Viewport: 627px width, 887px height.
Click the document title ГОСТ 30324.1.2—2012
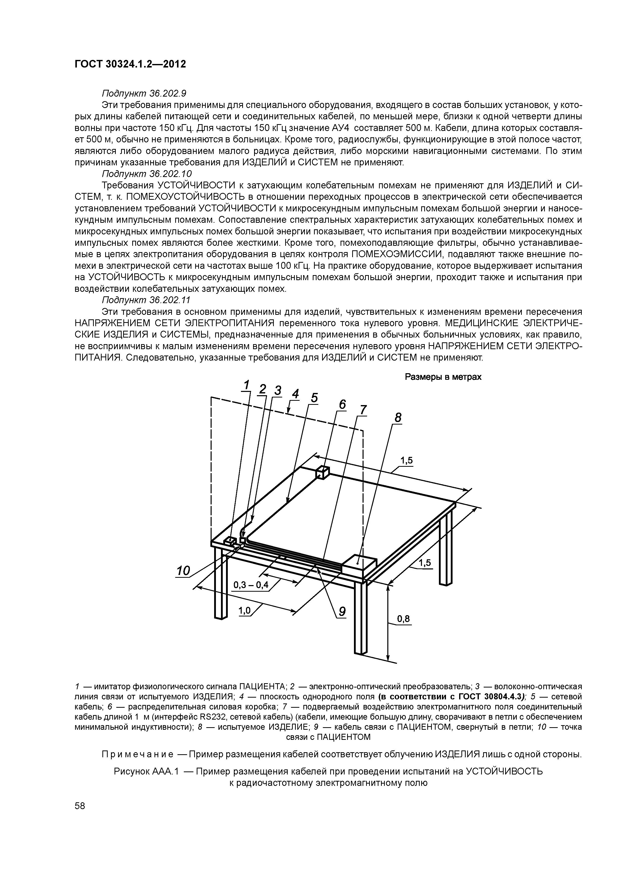(130, 64)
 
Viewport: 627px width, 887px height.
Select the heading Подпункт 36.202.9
(144, 94)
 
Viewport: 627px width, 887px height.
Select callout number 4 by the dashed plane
(296, 394)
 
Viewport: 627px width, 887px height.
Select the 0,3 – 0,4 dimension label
(251, 585)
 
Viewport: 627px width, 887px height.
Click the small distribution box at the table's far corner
(322, 472)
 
